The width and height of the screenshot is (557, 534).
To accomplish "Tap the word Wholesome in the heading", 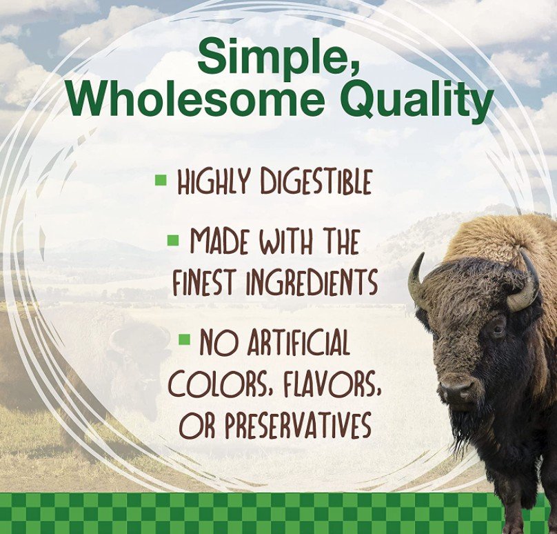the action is click(195, 99).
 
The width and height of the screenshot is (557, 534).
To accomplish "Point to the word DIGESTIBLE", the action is click(316, 182).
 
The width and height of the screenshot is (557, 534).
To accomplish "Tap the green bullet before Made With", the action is click(173, 240).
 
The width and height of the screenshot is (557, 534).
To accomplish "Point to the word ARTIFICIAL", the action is click(298, 342).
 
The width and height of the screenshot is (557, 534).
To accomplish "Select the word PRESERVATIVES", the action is click(298, 425).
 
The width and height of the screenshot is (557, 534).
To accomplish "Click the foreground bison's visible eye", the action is click(497, 330).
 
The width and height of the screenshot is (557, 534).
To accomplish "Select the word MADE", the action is click(219, 241).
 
